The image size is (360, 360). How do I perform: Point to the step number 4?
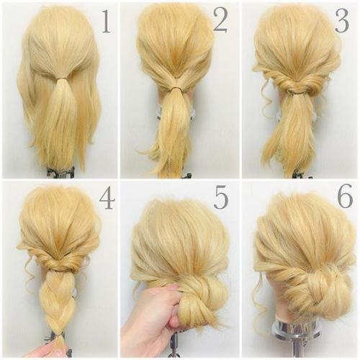coord(107,199)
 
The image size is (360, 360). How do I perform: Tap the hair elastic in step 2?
coord(178,89)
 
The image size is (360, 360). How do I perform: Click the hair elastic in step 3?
coord(297,91)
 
